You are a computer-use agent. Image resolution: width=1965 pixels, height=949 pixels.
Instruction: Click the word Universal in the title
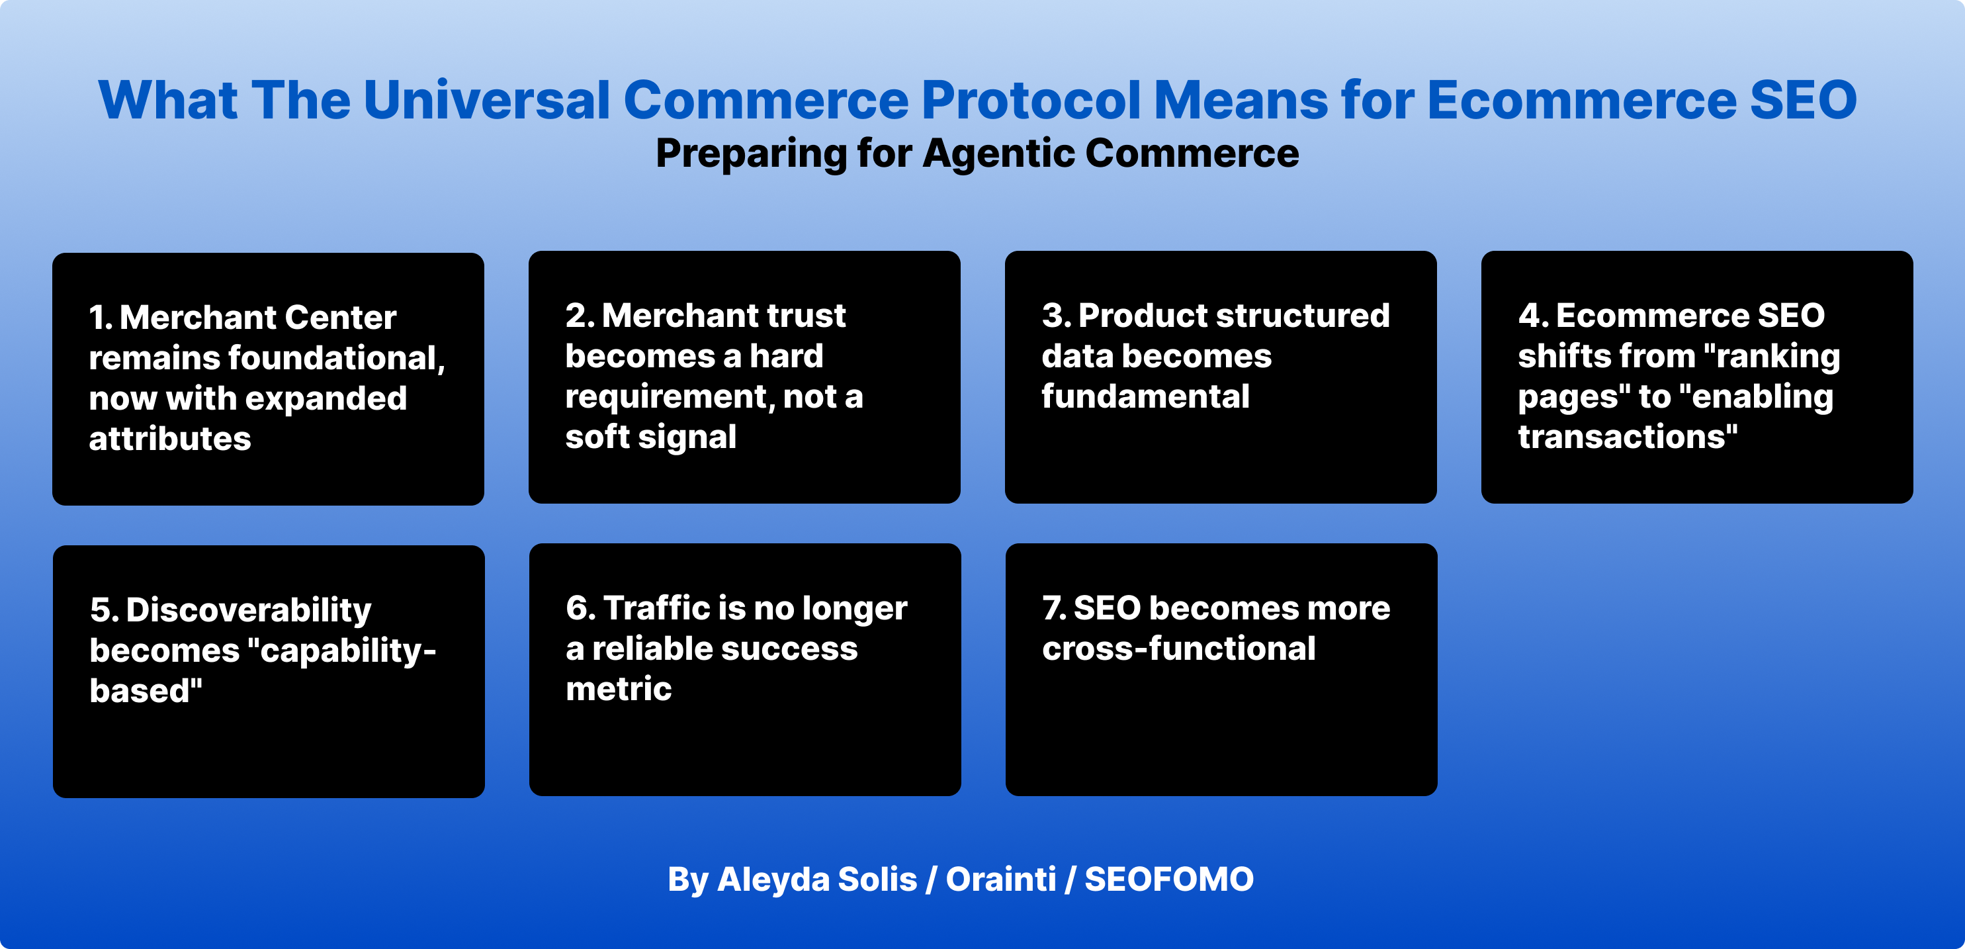coord(487,100)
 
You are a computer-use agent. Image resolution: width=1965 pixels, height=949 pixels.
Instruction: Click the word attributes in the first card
coord(169,439)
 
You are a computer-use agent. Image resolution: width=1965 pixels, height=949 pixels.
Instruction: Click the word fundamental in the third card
coord(1145,396)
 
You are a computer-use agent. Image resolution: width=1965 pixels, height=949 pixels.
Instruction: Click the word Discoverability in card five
coord(249,610)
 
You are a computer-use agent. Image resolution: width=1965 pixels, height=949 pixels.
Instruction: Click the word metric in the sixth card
coord(619,689)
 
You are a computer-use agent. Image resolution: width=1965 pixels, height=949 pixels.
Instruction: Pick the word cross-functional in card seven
coord(1178,649)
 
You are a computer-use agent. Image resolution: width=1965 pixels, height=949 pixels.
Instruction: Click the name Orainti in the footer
coord(1001,880)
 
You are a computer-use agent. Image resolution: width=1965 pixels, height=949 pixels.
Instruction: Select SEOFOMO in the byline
coord(1168,880)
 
